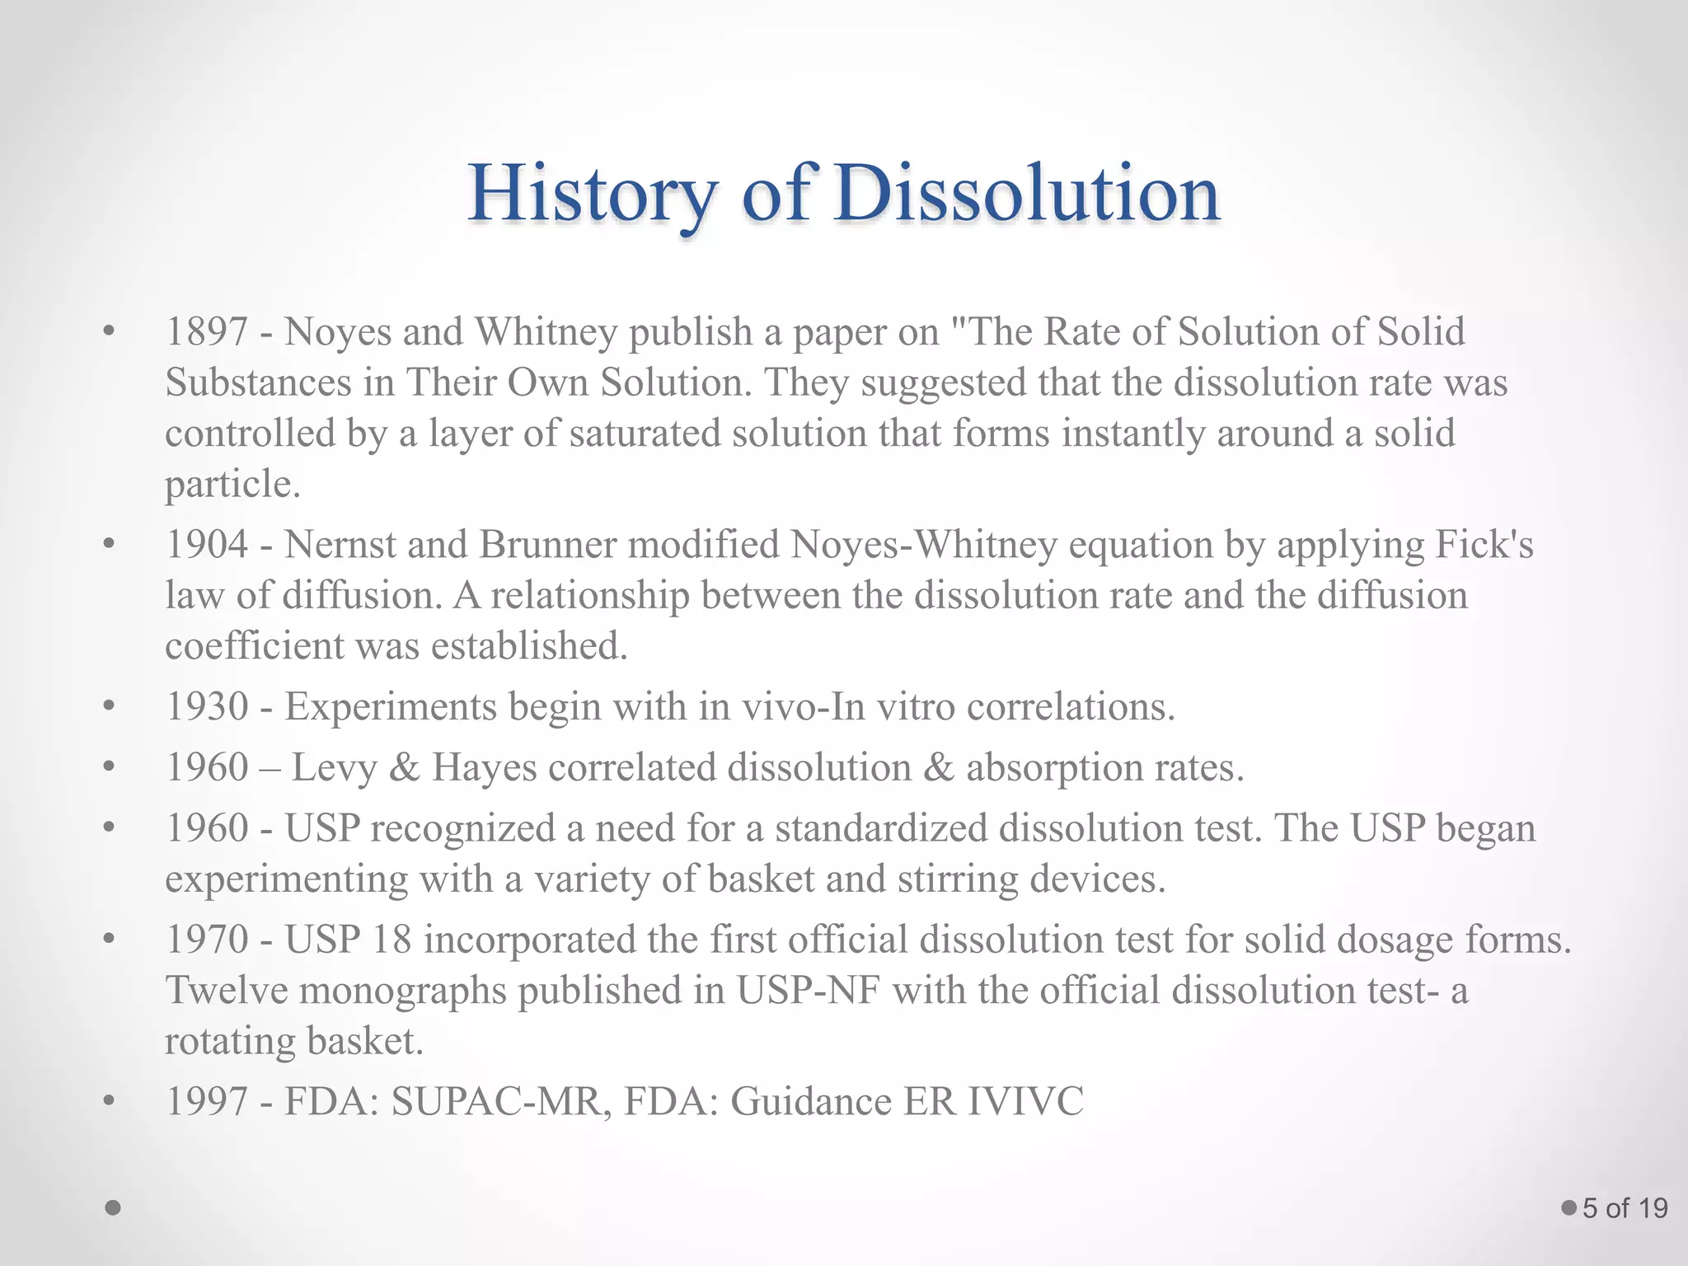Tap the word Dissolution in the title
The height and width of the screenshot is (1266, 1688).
pos(1025,195)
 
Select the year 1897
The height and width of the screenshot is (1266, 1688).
pos(207,332)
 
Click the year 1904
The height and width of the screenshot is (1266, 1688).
pos(207,545)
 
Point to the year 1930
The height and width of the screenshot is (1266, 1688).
pos(207,706)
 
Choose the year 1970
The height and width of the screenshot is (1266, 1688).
pos(207,940)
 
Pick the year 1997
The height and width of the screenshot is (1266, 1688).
pos(207,1101)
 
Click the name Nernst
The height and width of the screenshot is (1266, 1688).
pos(338,545)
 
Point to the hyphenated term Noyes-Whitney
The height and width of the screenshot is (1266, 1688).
pos(923,545)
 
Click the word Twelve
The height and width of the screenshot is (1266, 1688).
pos(226,990)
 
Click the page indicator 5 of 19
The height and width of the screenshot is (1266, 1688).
pos(1625,1208)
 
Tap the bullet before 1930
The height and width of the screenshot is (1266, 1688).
pos(108,706)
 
